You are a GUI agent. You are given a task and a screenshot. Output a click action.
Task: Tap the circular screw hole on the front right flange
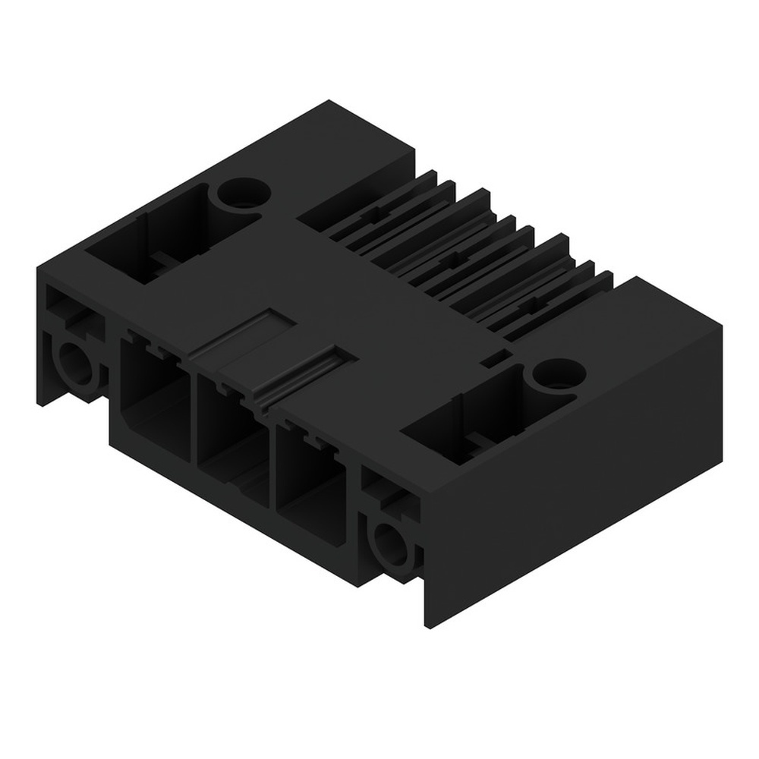[x=391, y=541]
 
